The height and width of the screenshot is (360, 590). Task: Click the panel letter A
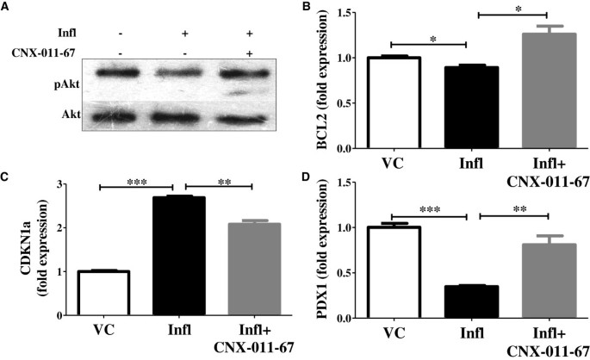(7, 7)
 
